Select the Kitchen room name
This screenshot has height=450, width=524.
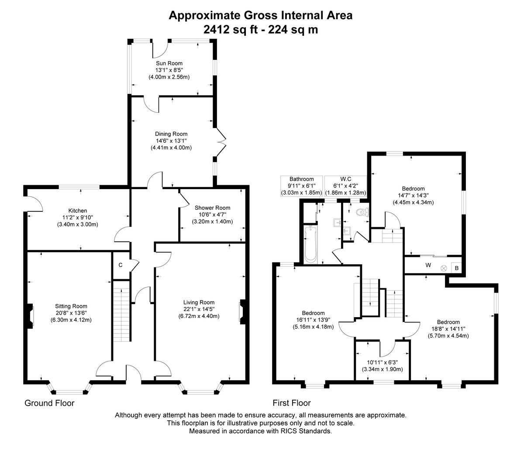point(77,211)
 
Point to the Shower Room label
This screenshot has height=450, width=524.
point(212,208)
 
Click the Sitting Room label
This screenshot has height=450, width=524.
point(71,306)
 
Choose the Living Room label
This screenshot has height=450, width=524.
point(199,302)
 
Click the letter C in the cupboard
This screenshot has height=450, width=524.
point(120,265)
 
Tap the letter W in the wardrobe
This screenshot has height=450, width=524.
point(428,265)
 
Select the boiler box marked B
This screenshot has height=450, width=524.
point(457,268)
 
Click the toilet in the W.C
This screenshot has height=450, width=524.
point(362,213)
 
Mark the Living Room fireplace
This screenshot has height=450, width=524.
point(241,311)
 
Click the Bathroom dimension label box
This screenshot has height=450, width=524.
point(301,186)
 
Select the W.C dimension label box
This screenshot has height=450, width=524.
point(345,186)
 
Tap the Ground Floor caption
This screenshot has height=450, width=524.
point(49,403)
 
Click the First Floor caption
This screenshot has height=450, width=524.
point(291,403)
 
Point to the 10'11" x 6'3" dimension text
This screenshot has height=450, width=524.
point(382,362)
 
